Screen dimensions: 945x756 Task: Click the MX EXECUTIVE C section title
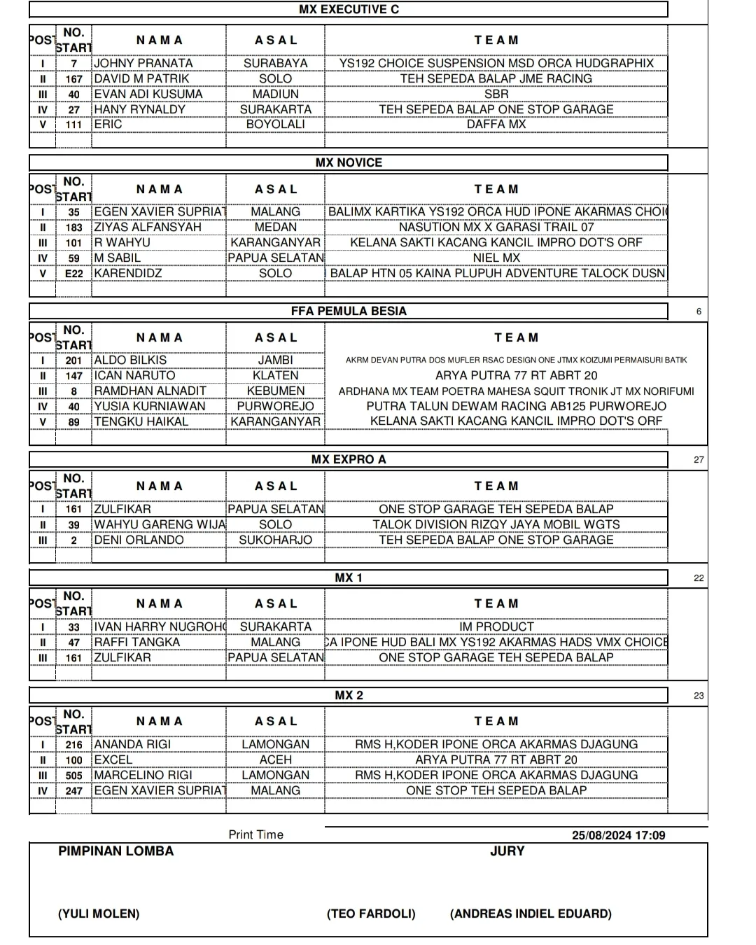[x=349, y=9]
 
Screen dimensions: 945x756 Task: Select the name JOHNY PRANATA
[x=143, y=63]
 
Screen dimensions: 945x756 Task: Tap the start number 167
[x=73, y=79]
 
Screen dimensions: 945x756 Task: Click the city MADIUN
[x=275, y=94]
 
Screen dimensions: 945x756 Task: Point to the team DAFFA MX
[x=496, y=124]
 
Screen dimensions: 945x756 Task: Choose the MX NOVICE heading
[x=349, y=162]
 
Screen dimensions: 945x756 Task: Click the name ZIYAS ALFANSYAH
[x=148, y=227]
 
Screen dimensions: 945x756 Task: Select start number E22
[x=73, y=274]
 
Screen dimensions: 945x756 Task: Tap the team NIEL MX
[x=496, y=258]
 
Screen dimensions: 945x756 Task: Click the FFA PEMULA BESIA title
[x=349, y=311]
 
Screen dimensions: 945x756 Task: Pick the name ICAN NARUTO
[x=135, y=375]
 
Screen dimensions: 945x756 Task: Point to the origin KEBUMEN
[x=275, y=391]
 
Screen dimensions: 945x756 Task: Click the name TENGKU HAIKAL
[x=141, y=421]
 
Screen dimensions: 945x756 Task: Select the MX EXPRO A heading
[x=349, y=459]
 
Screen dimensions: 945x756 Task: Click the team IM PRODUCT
[x=496, y=626]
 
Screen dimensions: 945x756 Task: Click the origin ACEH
[x=275, y=759]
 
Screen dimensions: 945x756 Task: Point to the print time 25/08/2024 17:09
[x=618, y=835]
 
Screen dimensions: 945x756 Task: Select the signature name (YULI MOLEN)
[x=99, y=913]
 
